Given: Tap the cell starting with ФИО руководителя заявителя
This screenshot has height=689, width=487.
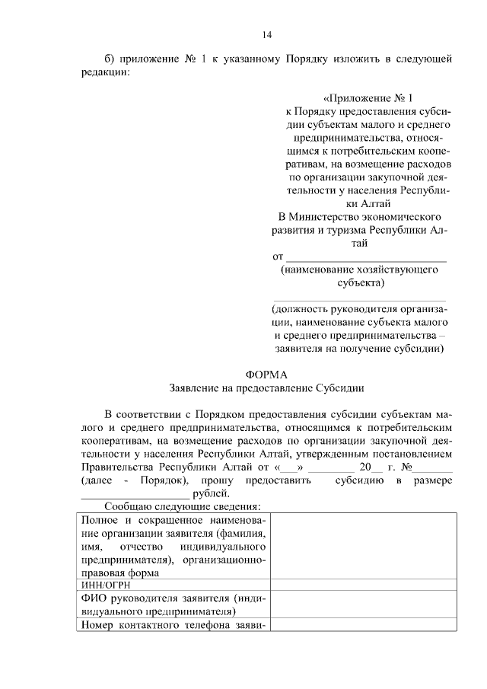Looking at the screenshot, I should click(174, 604).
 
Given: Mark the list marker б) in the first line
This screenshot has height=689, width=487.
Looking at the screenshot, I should click(109, 58).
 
